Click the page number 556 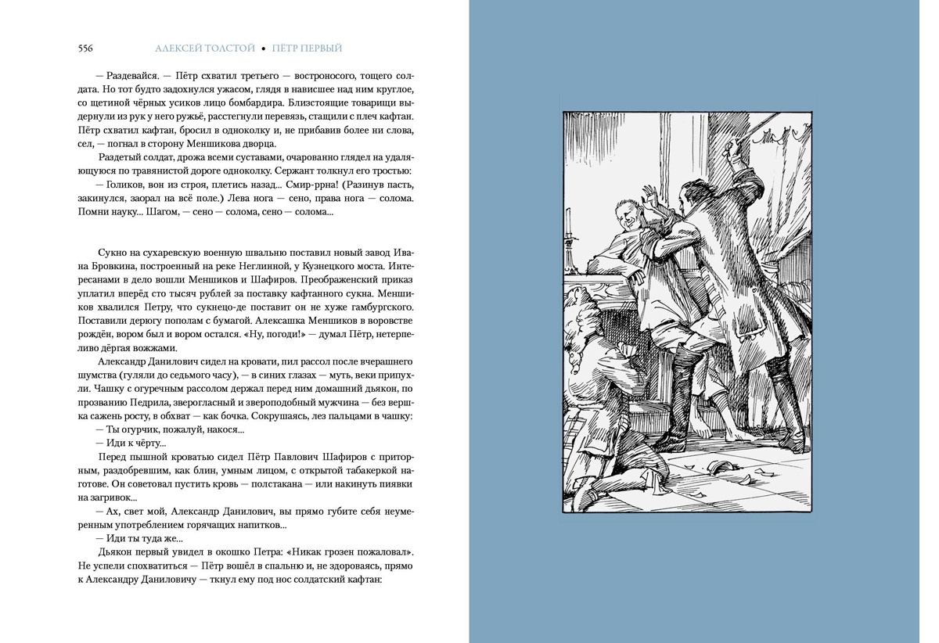tap(85, 48)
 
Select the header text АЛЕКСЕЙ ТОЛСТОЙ tap(205, 48)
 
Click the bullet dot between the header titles tap(264, 48)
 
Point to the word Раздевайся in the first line tap(133, 77)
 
